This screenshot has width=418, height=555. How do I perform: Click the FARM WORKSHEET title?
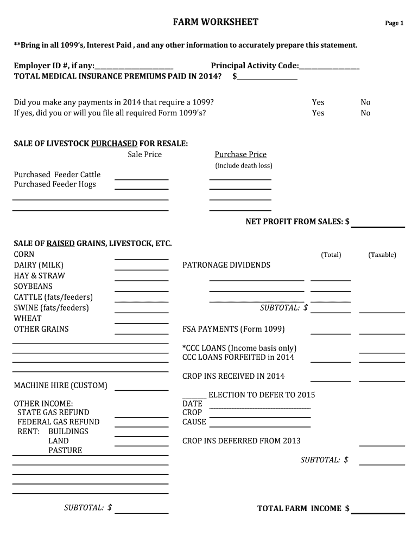216,22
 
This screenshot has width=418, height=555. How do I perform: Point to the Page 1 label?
394,23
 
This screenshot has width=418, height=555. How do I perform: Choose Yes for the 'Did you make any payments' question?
318,102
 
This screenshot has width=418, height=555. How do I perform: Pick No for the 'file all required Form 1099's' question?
366,113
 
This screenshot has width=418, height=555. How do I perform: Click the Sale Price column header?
144,155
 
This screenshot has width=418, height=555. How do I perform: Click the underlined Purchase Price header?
240,155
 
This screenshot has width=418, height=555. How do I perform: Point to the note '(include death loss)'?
244,166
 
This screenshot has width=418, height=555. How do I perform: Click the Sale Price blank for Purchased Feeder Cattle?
141,178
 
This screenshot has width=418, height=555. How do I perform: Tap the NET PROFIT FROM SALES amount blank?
378,225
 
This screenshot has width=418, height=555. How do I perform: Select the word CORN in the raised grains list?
24,255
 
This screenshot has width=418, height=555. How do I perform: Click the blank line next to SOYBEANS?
141,290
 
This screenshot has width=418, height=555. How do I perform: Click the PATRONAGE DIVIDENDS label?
226,266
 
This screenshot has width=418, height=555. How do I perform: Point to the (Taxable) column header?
382,255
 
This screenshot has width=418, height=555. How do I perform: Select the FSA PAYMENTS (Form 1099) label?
233,330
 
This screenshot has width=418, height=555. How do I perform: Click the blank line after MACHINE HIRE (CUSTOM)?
141,389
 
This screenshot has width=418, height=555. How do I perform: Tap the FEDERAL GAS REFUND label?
59,422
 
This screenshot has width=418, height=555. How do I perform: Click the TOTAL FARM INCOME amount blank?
378,511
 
